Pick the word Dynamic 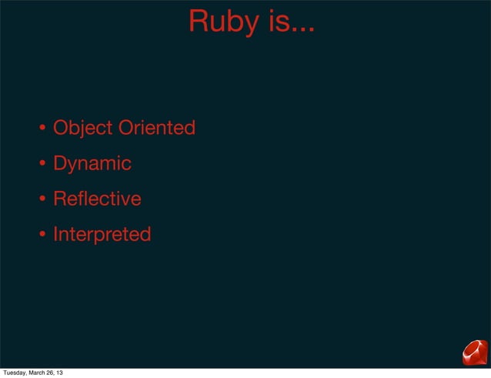pyautogui.click(x=92, y=164)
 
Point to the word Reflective pyautogui.click(x=97, y=199)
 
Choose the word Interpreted pyautogui.click(x=102, y=234)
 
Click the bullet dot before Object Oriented pyautogui.click(x=44, y=128)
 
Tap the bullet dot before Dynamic pyautogui.click(x=44, y=164)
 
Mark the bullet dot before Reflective pyautogui.click(x=44, y=199)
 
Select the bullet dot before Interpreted pyautogui.click(x=44, y=234)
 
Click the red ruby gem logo pyautogui.click(x=474, y=353)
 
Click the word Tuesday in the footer pyautogui.click(x=16, y=373)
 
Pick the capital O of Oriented pyautogui.click(x=125, y=127)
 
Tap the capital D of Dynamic pyautogui.click(x=60, y=164)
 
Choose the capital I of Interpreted pyautogui.click(x=55, y=234)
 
